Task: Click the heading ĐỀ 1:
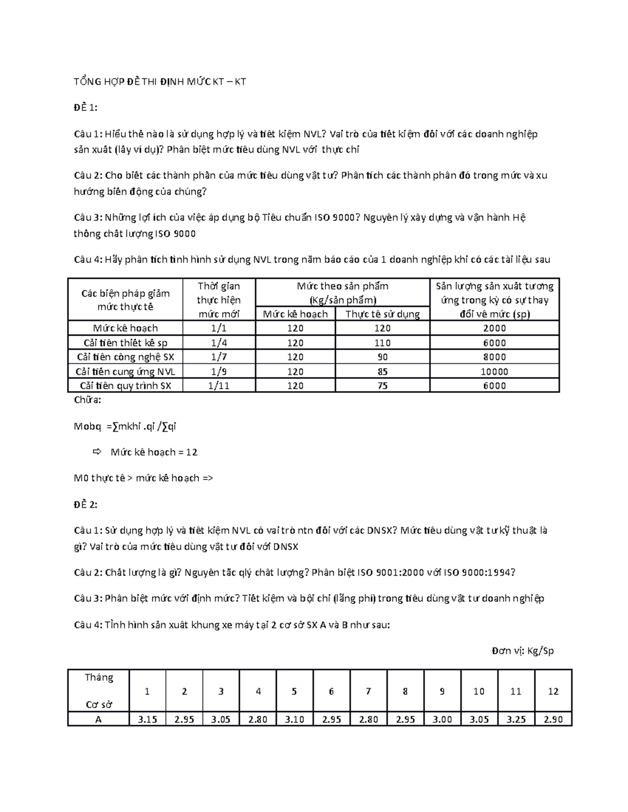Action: click(85, 108)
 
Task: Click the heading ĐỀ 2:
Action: click(85, 505)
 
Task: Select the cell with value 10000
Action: click(494, 372)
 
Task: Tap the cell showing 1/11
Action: click(219, 386)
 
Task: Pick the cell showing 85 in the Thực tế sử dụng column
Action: click(382, 372)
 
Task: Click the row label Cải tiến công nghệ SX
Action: click(126, 357)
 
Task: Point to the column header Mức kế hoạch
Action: click(295, 314)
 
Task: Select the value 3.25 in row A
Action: click(515, 719)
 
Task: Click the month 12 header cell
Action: click(553, 691)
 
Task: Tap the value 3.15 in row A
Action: click(147, 719)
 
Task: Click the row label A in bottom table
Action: click(98, 719)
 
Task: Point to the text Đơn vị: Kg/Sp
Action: click(522, 651)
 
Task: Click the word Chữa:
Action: click(87, 401)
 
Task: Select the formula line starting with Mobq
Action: click(125, 427)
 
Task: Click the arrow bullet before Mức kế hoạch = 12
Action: click(96, 452)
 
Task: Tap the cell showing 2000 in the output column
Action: click(494, 328)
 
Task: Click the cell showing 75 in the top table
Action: click(382, 386)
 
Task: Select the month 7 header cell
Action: click(368, 691)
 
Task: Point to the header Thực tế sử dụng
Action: click(382, 314)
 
